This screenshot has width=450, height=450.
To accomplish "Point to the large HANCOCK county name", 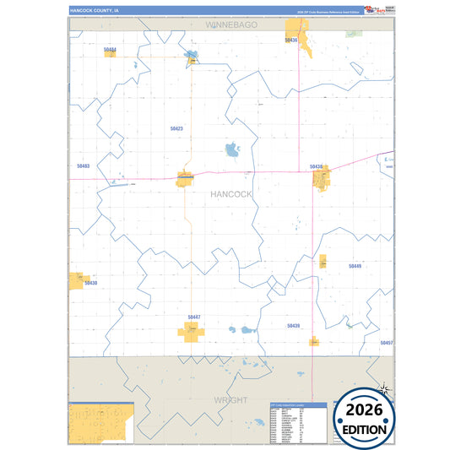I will pos(230,194).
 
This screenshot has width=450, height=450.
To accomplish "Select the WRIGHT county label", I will pos(230,399).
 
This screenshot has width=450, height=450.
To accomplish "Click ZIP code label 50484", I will pos(110,50).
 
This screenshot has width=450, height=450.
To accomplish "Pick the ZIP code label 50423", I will pos(176,128).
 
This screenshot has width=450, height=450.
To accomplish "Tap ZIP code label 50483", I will pos(83,166).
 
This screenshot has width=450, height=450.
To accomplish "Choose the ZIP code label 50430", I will pos(90,283).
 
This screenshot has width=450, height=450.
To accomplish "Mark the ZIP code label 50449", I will pos(355,266).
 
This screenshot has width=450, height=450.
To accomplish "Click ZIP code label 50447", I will pos(194,317).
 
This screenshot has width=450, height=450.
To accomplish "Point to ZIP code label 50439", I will pos(293,325).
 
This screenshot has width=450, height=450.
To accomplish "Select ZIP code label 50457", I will pos(386,343).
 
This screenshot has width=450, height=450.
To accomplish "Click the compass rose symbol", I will pos(384,389).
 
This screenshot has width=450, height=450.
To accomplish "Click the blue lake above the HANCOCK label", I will pos(232,151).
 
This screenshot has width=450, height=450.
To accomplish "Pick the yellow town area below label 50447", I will pos(192,331).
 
